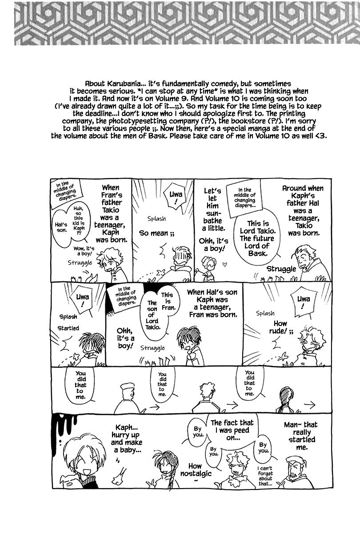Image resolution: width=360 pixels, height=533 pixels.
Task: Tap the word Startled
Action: [x=68, y=328]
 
